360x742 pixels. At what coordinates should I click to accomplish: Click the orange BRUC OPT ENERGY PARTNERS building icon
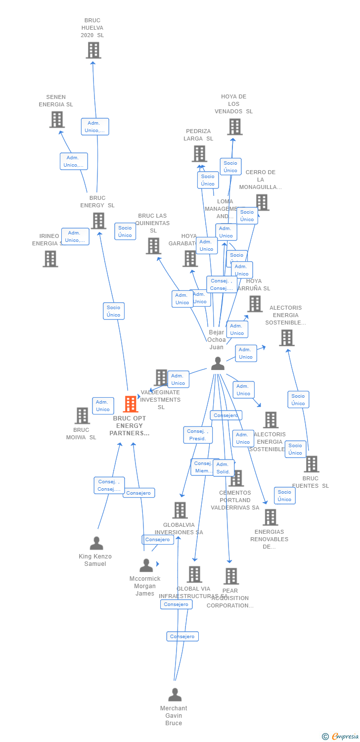pyautogui.click(x=131, y=404)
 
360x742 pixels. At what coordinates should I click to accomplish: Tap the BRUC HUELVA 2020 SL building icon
pyautogui.click(x=93, y=50)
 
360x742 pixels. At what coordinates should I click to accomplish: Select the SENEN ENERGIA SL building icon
pyautogui.click(x=57, y=120)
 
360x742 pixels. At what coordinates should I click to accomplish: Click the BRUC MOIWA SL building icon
pyautogui.click(x=82, y=416)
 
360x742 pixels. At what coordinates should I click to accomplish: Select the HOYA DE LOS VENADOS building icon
pyautogui.click(x=235, y=127)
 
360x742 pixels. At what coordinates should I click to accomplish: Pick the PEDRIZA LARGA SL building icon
pyautogui.click(x=199, y=154)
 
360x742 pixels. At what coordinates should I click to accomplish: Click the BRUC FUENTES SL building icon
pyautogui.click(x=311, y=464)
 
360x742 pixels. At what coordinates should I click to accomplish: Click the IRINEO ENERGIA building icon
pyautogui.click(x=50, y=259)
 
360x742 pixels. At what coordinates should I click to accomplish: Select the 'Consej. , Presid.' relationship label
pyautogui.click(x=198, y=435)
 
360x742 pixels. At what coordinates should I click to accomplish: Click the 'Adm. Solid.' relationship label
pyautogui.click(x=223, y=468)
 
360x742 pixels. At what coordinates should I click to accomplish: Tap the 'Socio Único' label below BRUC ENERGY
pyautogui.click(x=113, y=311)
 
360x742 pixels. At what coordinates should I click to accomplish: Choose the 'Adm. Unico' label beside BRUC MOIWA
pyautogui.click(x=103, y=406)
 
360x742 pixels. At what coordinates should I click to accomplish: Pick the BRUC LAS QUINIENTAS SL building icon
pyautogui.click(x=153, y=246)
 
